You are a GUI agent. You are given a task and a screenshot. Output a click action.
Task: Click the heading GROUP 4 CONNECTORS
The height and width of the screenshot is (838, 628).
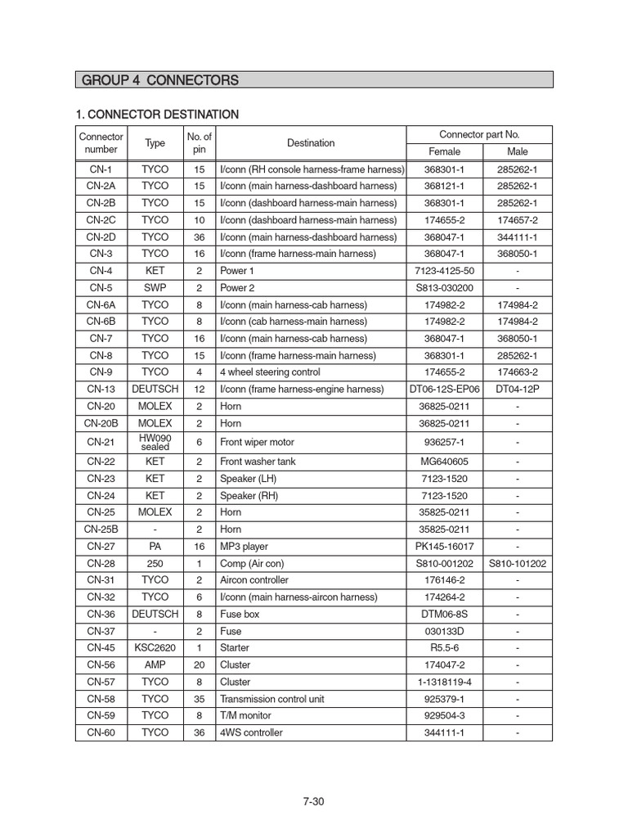pyautogui.click(x=160, y=80)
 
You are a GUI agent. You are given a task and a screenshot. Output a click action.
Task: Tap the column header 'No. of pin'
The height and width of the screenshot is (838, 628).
pyautogui.click(x=200, y=143)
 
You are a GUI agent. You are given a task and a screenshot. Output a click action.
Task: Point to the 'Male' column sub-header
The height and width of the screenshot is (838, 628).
pyautogui.click(x=518, y=151)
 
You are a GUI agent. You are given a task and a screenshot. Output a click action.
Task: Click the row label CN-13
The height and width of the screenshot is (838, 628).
pyautogui.click(x=101, y=389)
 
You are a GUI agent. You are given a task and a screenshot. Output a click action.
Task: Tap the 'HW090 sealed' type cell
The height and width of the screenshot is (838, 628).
pyautogui.click(x=155, y=442)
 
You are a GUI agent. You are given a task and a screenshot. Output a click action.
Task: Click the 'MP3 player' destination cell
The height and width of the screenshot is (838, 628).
pyautogui.click(x=244, y=547)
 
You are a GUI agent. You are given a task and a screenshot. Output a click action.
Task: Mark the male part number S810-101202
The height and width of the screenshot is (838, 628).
pyautogui.click(x=518, y=564)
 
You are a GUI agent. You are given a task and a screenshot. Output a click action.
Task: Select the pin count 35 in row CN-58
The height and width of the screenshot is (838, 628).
pyautogui.click(x=200, y=699)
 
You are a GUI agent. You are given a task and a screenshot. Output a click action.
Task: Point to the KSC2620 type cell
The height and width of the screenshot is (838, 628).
pyautogui.click(x=155, y=648)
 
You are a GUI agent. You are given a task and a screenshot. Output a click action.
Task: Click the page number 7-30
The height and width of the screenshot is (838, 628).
pyautogui.click(x=314, y=801)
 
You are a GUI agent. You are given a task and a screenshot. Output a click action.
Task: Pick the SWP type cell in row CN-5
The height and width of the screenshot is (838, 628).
pyautogui.click(x=155, y=287)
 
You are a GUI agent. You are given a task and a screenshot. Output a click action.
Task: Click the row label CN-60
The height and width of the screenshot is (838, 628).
pyautogui.click(x=101, y=732)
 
